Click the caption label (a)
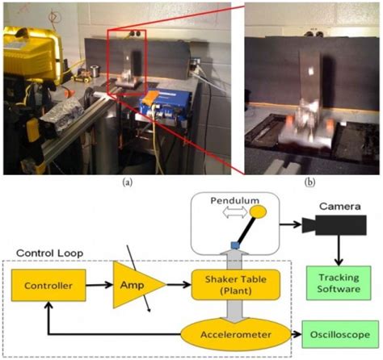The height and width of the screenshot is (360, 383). point(127,183)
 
